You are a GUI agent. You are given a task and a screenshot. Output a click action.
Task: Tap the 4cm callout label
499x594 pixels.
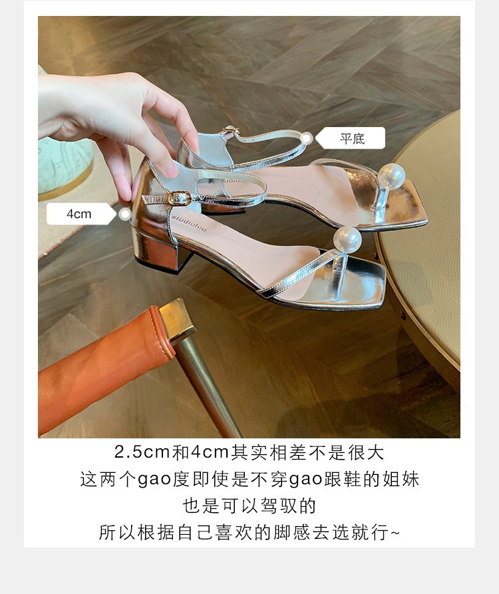coord(79,214)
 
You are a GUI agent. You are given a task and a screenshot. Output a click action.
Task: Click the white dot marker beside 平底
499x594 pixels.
coord(306,138)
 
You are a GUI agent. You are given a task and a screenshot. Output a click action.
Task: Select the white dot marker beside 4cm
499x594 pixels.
coord(125,214)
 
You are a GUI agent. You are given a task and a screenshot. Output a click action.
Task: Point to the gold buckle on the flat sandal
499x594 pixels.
coord(230,131)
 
